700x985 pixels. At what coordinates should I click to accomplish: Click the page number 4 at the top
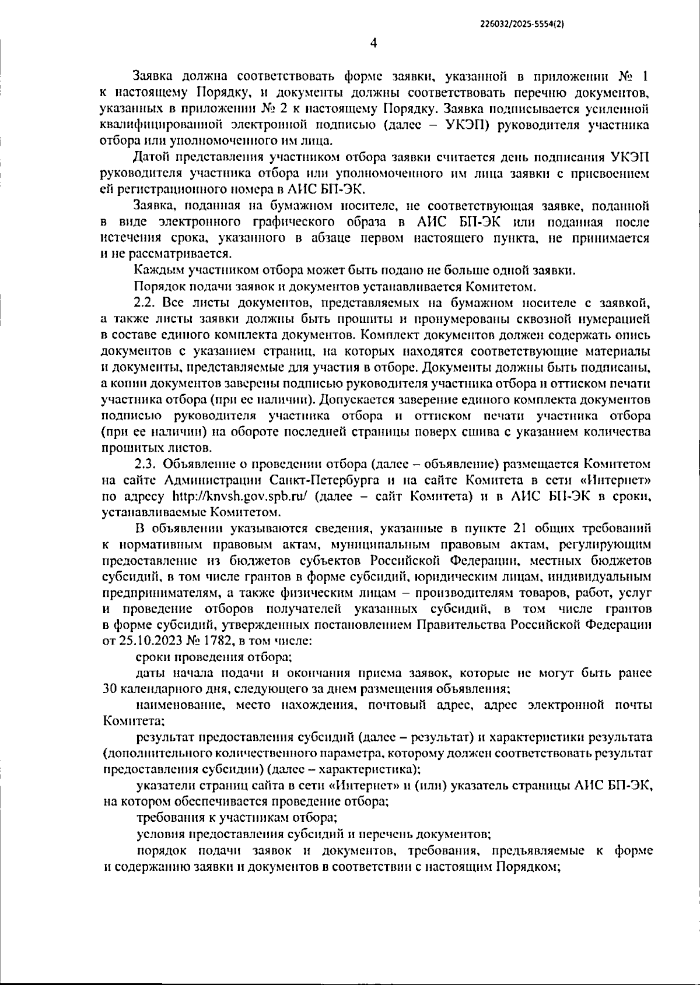[x=373, y=43]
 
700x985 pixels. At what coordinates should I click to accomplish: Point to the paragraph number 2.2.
[x=146, y=303]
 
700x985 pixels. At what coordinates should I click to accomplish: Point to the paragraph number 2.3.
[x=146, y=464]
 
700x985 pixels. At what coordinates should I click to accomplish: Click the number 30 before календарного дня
[x=109, y=689]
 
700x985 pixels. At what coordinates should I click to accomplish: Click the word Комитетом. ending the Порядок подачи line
[x=502, y=287]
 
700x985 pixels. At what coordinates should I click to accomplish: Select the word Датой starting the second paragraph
[x=151, y=157]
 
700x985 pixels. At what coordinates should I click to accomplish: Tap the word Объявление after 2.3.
[x=196, y=464]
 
